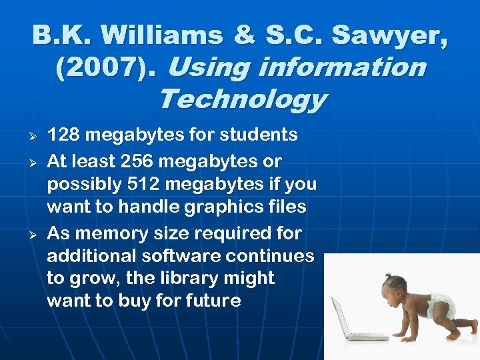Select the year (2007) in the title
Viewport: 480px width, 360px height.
108,67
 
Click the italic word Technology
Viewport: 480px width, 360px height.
243,100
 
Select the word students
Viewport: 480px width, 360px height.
263,135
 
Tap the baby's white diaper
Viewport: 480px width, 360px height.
442,306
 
